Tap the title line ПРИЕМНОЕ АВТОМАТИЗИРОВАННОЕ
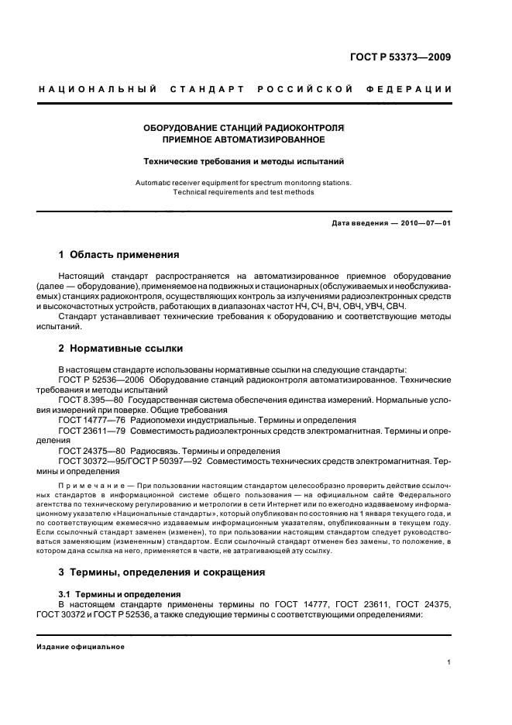243,140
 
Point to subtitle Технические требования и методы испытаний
243,162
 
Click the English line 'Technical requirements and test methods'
243,191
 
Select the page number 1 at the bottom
449,662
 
